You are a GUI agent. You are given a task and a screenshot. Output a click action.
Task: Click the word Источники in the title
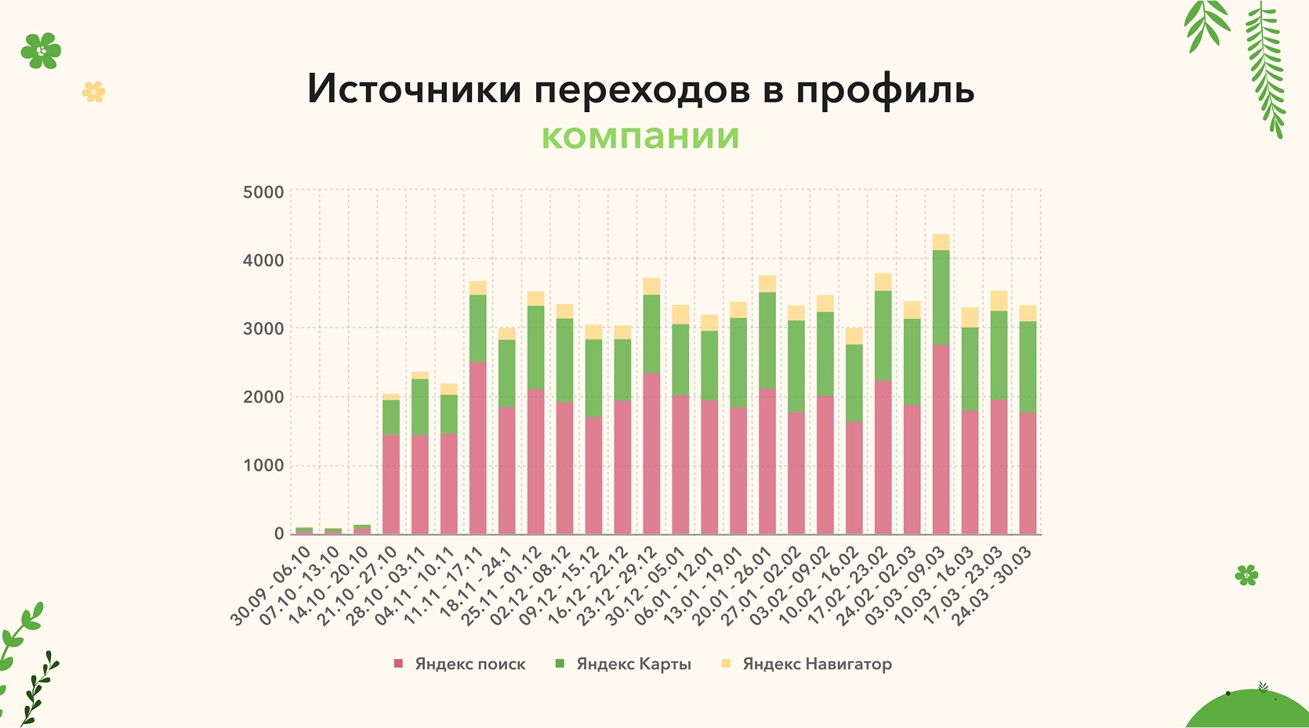coord(414,89)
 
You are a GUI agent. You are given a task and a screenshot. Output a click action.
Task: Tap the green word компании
coord(640,136)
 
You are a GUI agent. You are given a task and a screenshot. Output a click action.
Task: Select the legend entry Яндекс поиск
coord(470,664)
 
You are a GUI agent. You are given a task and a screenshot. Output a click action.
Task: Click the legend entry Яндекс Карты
coord(633,664)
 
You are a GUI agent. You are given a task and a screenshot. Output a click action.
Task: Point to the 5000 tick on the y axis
coord(263,192)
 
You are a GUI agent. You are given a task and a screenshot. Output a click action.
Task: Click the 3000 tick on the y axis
coord(263,328)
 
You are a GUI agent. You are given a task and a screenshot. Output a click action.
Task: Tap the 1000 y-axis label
coord(263,465)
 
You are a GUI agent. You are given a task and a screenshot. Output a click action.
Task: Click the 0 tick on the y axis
coord(279,534)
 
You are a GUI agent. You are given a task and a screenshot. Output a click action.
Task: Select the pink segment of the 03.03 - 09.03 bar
coord(941,439)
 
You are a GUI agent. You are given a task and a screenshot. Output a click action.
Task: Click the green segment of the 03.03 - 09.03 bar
coord(941,298)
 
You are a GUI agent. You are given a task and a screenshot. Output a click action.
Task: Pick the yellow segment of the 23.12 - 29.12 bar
coord(651,286)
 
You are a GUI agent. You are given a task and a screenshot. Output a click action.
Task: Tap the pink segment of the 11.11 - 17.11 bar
coord(477,447)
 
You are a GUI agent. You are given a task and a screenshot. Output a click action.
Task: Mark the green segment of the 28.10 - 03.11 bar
coord(420,407)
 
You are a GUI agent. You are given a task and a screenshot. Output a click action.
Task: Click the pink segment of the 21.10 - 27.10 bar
coord(391,484)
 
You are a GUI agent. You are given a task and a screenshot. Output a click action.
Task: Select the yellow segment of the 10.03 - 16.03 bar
coord(970,317)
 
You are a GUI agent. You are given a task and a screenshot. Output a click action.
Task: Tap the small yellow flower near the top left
coord(93,92)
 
